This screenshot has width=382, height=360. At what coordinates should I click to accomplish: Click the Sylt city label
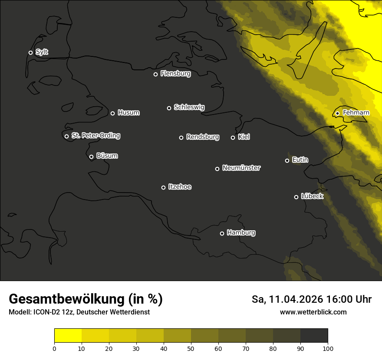point(42,52)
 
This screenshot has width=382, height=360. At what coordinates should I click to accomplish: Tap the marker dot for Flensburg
point(155,74)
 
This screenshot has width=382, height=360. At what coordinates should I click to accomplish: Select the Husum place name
point(128,113)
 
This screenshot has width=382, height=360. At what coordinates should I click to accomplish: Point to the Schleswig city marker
point(169,108)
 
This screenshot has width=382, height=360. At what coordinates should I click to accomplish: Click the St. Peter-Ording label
point(95,136)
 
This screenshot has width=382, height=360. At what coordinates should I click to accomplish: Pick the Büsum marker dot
point(91,157)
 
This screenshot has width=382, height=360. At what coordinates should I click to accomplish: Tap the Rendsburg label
point(202,137)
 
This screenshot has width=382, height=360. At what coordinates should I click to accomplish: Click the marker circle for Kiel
point(233,137)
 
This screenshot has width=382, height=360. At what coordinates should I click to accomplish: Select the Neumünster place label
point(241,168)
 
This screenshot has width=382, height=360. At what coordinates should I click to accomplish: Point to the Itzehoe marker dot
point(163,187)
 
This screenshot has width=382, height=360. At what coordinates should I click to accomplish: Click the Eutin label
point(300,160)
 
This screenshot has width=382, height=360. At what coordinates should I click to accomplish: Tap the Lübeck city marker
point(296,197)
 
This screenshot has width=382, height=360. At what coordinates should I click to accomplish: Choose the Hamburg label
point(241,233)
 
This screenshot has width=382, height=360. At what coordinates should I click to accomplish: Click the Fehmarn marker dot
point(337,113)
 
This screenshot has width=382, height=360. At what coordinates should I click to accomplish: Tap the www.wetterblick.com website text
point(313,312)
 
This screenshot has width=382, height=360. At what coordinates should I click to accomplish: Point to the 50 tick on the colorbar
point(191,348)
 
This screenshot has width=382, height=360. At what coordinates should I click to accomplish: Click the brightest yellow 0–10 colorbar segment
point(68,336)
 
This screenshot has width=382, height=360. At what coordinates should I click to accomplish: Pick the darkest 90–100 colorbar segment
point(314,336)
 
